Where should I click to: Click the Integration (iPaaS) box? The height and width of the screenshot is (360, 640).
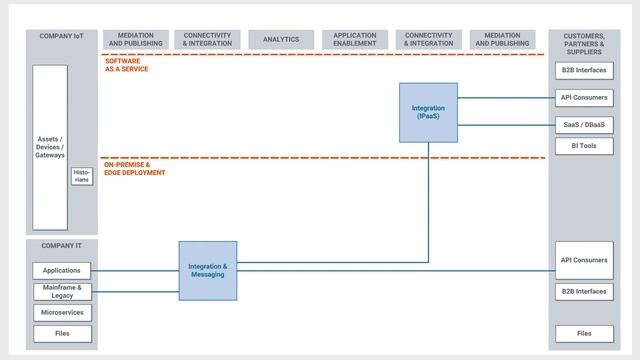click(428, 111)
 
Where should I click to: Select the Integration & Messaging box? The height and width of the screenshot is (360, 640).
click(208, 270)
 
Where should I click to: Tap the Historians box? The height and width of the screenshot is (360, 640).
click(82, 176)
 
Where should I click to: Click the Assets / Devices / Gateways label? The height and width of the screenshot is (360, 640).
click(50, 147)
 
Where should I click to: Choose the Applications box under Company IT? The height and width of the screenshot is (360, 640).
click(62, 270)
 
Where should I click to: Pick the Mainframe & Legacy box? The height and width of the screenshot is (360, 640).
click(62, 291)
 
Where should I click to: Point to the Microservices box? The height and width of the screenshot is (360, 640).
click(62, 313)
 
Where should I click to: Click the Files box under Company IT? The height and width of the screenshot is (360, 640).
click(62, 334)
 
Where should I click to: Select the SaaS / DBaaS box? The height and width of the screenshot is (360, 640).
click(584, 124)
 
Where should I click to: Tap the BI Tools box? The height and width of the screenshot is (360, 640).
click(584, 146)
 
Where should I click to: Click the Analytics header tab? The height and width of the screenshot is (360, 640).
click(281, 40)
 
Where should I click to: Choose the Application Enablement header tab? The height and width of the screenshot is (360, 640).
click(355, 40)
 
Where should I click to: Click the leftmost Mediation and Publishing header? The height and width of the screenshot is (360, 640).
click(136, 40)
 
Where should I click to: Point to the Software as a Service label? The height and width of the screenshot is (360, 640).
click(128, 65)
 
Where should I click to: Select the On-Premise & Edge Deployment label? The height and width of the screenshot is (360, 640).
click(134, 169)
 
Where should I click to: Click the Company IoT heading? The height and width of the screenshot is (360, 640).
click(61, 36)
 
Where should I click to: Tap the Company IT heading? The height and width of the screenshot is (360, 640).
click(61, 245)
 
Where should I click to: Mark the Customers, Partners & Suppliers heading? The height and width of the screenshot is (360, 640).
click(584, 44)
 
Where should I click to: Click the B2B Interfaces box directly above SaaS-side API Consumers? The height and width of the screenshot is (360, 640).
click(584, 72)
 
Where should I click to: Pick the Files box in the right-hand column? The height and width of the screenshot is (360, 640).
click(584, 333)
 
